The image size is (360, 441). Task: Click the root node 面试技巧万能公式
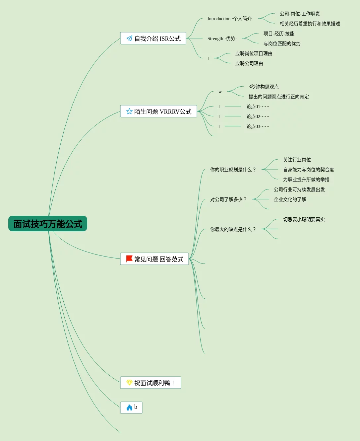coord(48,224)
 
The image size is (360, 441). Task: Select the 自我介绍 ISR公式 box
coord(153,38)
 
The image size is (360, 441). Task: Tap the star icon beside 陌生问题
coord(129,111)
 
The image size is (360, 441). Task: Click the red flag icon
coord(129,259)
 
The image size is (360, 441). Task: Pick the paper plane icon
coord(129,38)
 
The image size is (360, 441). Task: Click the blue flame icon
coord(129,407)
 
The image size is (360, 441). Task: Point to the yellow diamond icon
coord(129,383)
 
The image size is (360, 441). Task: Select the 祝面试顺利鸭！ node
coord(150,383)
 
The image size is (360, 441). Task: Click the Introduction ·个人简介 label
coord(229,19)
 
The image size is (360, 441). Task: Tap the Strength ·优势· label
coord(222,38)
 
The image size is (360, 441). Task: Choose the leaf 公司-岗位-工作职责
coord(300,14)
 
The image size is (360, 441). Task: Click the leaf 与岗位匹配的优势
coord(282,43)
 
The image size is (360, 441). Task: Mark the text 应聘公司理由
coord(249,63)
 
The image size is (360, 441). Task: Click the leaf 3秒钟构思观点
coord(264,87)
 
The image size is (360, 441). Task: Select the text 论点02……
coord(258,116)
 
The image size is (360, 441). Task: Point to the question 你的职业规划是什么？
coord(233,170)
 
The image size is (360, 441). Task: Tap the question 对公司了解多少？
coord(228,199)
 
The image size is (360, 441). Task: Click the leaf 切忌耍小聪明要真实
coord(304,219)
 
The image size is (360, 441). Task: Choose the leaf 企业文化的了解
coord(290,199)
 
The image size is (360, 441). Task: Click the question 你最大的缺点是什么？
coord(233,229)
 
